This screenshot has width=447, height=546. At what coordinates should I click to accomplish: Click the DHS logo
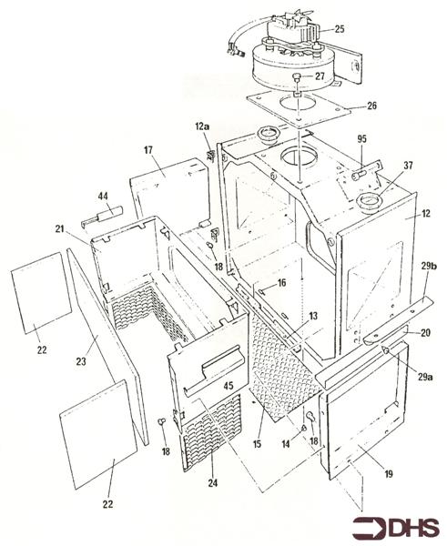[x=395, y=528]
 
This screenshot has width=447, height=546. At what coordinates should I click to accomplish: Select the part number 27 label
[x=320, y=76]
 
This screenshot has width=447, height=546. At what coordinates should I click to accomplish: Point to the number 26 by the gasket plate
[x=371, y=106]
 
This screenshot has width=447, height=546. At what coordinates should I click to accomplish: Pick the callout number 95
[x=361, y=139]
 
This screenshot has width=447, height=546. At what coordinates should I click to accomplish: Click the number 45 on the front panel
[x=229, y=386]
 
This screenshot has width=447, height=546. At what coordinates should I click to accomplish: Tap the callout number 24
[x=213, y=482]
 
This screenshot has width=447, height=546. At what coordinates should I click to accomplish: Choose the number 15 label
[x=257, y=444]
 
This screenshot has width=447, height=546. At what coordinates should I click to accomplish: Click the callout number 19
[x=389, y=473]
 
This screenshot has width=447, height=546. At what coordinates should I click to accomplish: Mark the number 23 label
[x=81, y=361]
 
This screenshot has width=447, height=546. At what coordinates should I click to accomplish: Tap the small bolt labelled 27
[x=297, y=77]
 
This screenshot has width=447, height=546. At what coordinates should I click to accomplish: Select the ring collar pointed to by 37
[x=370, y=201]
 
